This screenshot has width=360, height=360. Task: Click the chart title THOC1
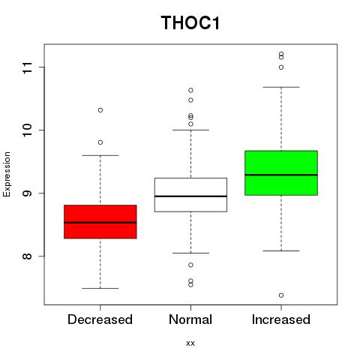click(190, 22)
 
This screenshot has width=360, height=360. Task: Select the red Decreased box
click(100, 222)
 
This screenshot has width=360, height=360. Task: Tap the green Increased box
click(281, 172)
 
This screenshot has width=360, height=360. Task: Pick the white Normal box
click(190, 195)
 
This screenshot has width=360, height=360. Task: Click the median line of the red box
click(100, 223)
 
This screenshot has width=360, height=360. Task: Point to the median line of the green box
click(281, 175)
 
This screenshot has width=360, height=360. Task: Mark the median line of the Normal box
click(190, 196)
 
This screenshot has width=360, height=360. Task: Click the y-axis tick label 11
click(28, 67)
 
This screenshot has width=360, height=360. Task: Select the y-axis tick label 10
click(28, 130)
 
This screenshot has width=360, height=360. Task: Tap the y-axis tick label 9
click(28, 193)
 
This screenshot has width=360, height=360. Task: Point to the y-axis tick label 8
click(28, 256)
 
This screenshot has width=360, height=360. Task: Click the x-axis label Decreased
click(100, 319)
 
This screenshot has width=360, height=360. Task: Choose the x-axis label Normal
click(190, 319)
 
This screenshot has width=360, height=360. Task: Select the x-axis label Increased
click(281, 319)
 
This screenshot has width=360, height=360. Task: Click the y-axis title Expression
click(7, 174)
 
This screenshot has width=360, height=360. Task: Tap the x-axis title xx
click(190, 343)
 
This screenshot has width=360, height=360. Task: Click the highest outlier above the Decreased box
click(100, 110)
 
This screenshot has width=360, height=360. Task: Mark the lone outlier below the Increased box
click(281, 295)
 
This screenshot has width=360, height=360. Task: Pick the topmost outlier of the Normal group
click(190, 90)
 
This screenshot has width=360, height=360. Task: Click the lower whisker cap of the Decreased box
click(100, 288)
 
